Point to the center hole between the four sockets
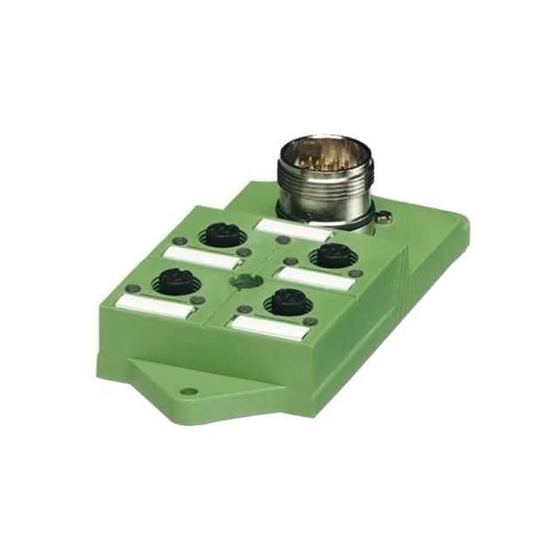244,279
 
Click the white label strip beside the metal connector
293,230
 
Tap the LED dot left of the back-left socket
179,240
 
